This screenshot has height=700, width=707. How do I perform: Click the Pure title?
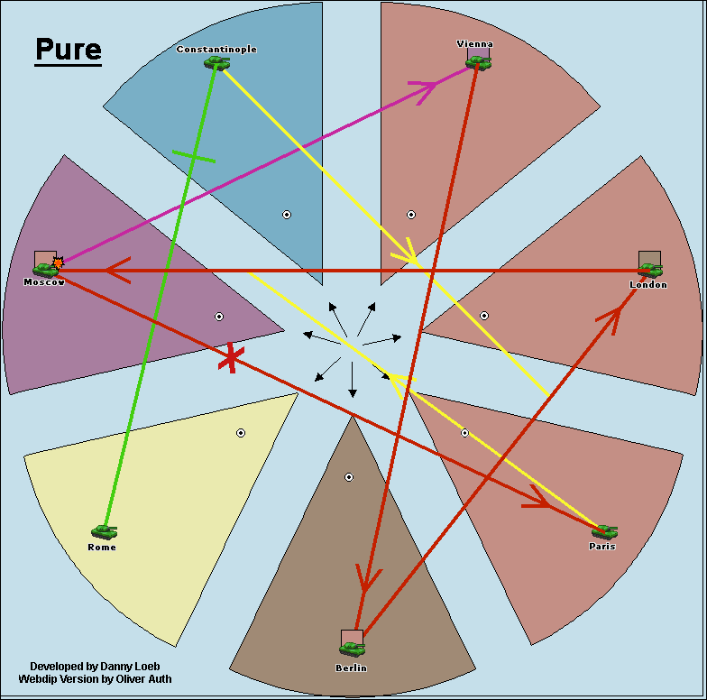pos(69,50)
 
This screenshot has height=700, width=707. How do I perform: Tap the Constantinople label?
pos(216,50)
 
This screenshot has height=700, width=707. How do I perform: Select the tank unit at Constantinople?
pos(216,62)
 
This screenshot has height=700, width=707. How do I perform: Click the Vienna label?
pos(475,44)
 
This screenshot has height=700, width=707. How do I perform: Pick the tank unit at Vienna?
pos(479,61)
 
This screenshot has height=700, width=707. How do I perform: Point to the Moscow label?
pos(44,282)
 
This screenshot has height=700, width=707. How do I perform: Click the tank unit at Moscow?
pos(45,269)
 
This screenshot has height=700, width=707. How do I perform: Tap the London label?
pos(648,285)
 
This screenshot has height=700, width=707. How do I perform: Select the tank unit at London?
pos(651,270)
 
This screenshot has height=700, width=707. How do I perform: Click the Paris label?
pos(601,547)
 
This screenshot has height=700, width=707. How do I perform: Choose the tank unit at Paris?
pos(604,532)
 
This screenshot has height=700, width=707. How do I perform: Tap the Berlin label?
pos(351,668)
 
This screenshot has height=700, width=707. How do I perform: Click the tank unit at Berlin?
pos(352,648)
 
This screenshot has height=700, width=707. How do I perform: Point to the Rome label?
pos(102,548)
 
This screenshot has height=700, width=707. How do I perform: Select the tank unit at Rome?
pos(104,532)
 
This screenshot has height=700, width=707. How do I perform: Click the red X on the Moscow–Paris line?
pos(231,358)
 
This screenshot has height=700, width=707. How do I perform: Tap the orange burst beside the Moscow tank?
pos(59,262)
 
